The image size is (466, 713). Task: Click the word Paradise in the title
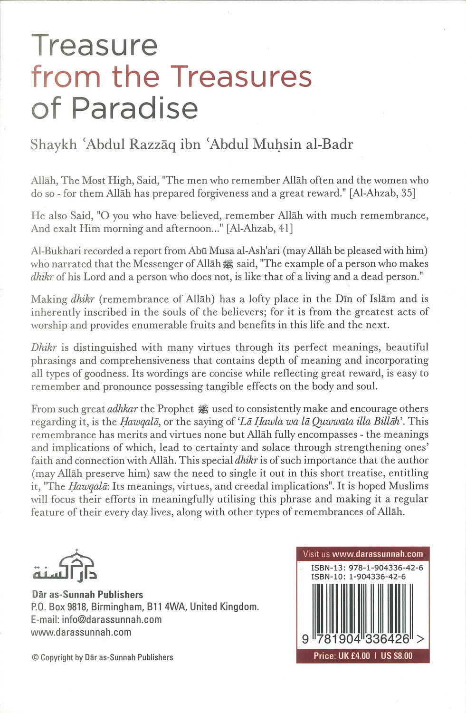click(135, 108)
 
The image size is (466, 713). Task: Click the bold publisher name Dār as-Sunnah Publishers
click(87, 595)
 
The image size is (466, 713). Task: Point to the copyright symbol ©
click(35, 658)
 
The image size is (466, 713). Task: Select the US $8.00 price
click(397, 656)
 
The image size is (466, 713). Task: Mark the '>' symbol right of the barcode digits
click(420, 640)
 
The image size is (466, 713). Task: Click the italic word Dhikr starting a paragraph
click(44, 347)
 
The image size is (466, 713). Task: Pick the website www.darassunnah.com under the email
click(81, 632)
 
